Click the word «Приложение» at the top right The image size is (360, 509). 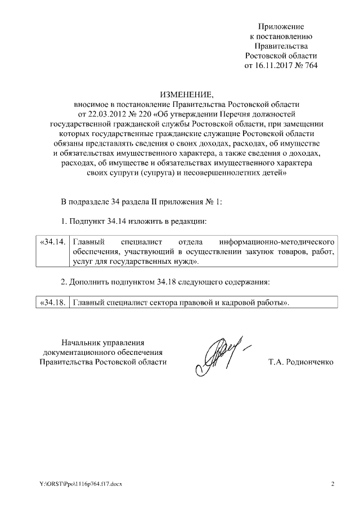pyautogui.click(x=281, y=26)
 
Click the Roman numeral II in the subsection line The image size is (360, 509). pyautogui.click(x=148, y=202)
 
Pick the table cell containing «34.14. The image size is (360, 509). pyautogui.click(x=52, y=241)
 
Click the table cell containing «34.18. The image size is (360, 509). pyautogui.click(x=52, y=303)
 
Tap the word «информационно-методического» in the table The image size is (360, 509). pyautogui.click(x=284, y=241)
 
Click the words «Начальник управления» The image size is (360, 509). pyautogui.click(x=103, y=341)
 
